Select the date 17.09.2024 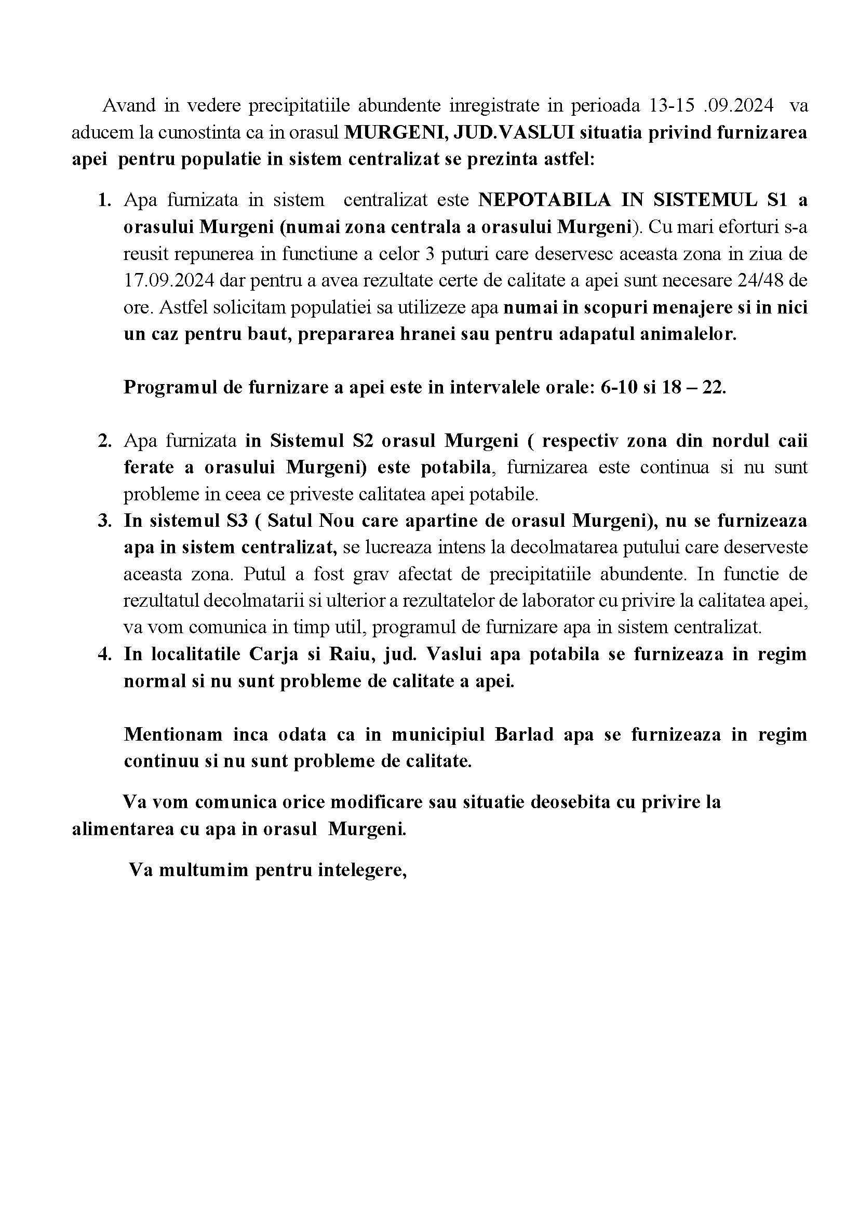[x=169, y=280]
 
